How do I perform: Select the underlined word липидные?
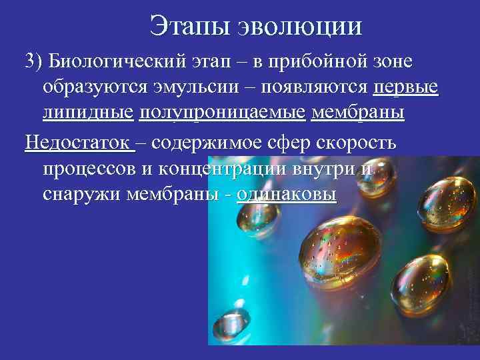point(87,113)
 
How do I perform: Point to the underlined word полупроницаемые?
point(224,113)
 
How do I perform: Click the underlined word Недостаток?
point(79,143)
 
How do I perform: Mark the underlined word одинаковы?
point(287,193)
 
